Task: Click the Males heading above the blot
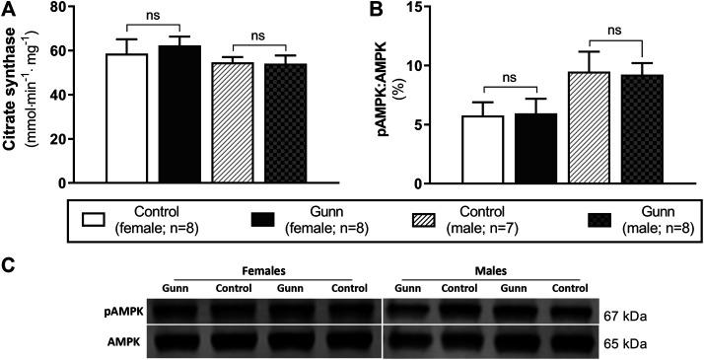coord(489,269)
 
